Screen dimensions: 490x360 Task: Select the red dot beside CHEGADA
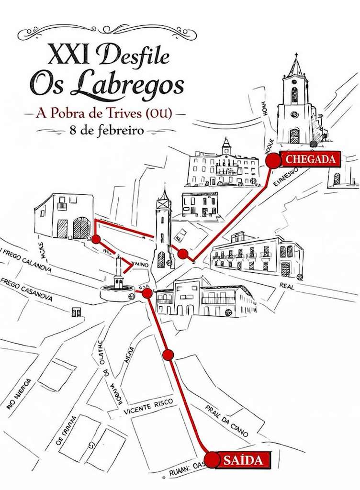[x=273, y=161]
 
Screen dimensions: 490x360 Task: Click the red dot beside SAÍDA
[x=211, y=460]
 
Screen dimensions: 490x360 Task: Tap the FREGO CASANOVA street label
[x=26, y=290]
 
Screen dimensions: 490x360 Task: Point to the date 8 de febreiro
[x=105, y=130]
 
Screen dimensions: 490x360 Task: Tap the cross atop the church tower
[x=296, y=57]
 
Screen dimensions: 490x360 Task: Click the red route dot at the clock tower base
[x=182, y=254]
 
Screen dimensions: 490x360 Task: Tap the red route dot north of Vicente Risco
[x=168, y=355]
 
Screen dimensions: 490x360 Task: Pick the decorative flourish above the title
[x=106, y=31]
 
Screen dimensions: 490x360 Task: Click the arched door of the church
[x=294, y=136]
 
